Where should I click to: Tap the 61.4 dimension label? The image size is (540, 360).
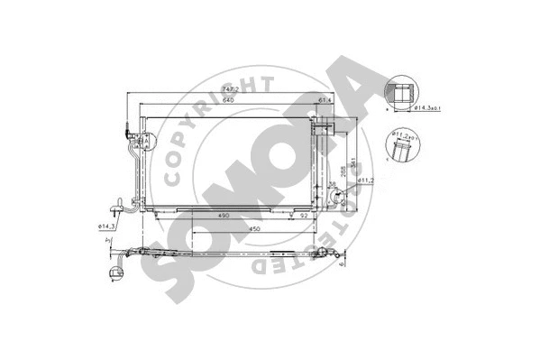coord(326,99)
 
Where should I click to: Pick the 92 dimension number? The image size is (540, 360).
coord(305,217)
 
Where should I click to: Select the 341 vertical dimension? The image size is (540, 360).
coord(352,162)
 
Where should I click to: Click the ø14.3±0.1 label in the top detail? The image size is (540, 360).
coord(424,110)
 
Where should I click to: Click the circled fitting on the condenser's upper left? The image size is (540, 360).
coord(142,138)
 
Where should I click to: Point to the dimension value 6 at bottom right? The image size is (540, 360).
coord(344,263)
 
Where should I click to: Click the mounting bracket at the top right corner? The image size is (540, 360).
coord(334,121)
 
